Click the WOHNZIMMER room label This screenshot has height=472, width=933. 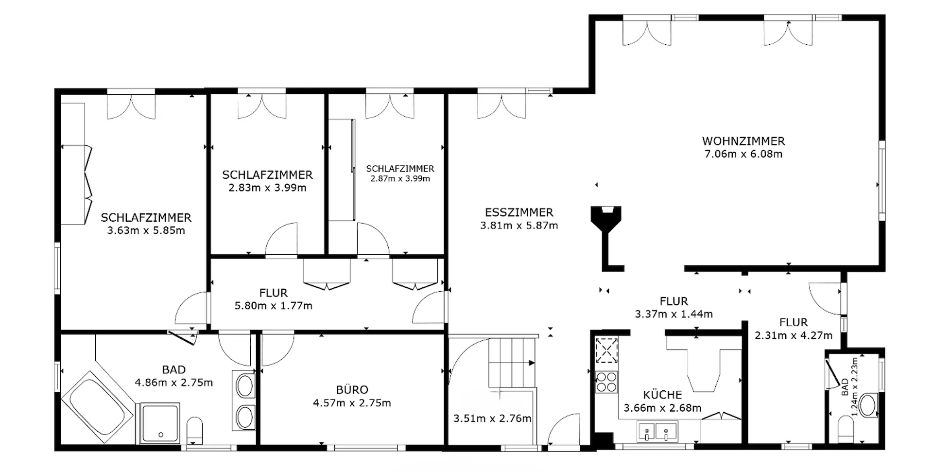743,141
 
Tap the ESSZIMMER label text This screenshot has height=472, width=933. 519,212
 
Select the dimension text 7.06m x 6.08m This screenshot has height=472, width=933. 743,154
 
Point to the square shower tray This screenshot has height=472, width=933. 160,422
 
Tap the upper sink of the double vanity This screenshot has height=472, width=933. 245,386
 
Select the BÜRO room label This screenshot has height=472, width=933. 352,390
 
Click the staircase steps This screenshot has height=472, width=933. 512,363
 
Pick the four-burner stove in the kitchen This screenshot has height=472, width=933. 606,381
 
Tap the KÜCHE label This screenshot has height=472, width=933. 662,395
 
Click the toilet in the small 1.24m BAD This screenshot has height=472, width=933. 846,430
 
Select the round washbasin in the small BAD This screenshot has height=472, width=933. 868,405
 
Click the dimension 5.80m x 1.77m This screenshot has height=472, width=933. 273,306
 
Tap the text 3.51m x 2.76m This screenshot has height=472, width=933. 492,419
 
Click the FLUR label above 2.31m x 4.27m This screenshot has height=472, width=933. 794,322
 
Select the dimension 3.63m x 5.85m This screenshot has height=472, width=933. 146,230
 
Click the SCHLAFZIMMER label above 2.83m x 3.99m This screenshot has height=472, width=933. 267,175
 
